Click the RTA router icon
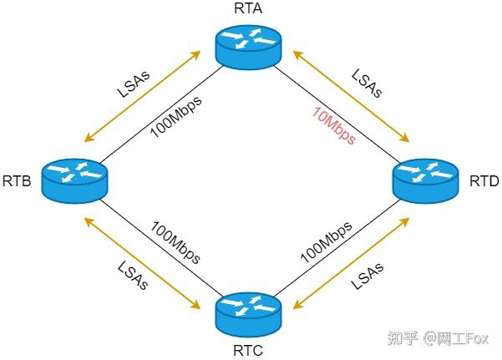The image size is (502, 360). tap(247, 47)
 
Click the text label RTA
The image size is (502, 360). tap(248, 10)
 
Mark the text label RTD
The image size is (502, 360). tap(484, 180)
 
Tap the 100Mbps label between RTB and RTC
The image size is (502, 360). tap(175, 242)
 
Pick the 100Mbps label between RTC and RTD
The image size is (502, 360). tap(326, 242)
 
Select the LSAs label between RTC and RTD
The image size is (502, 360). tap(368, 273)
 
